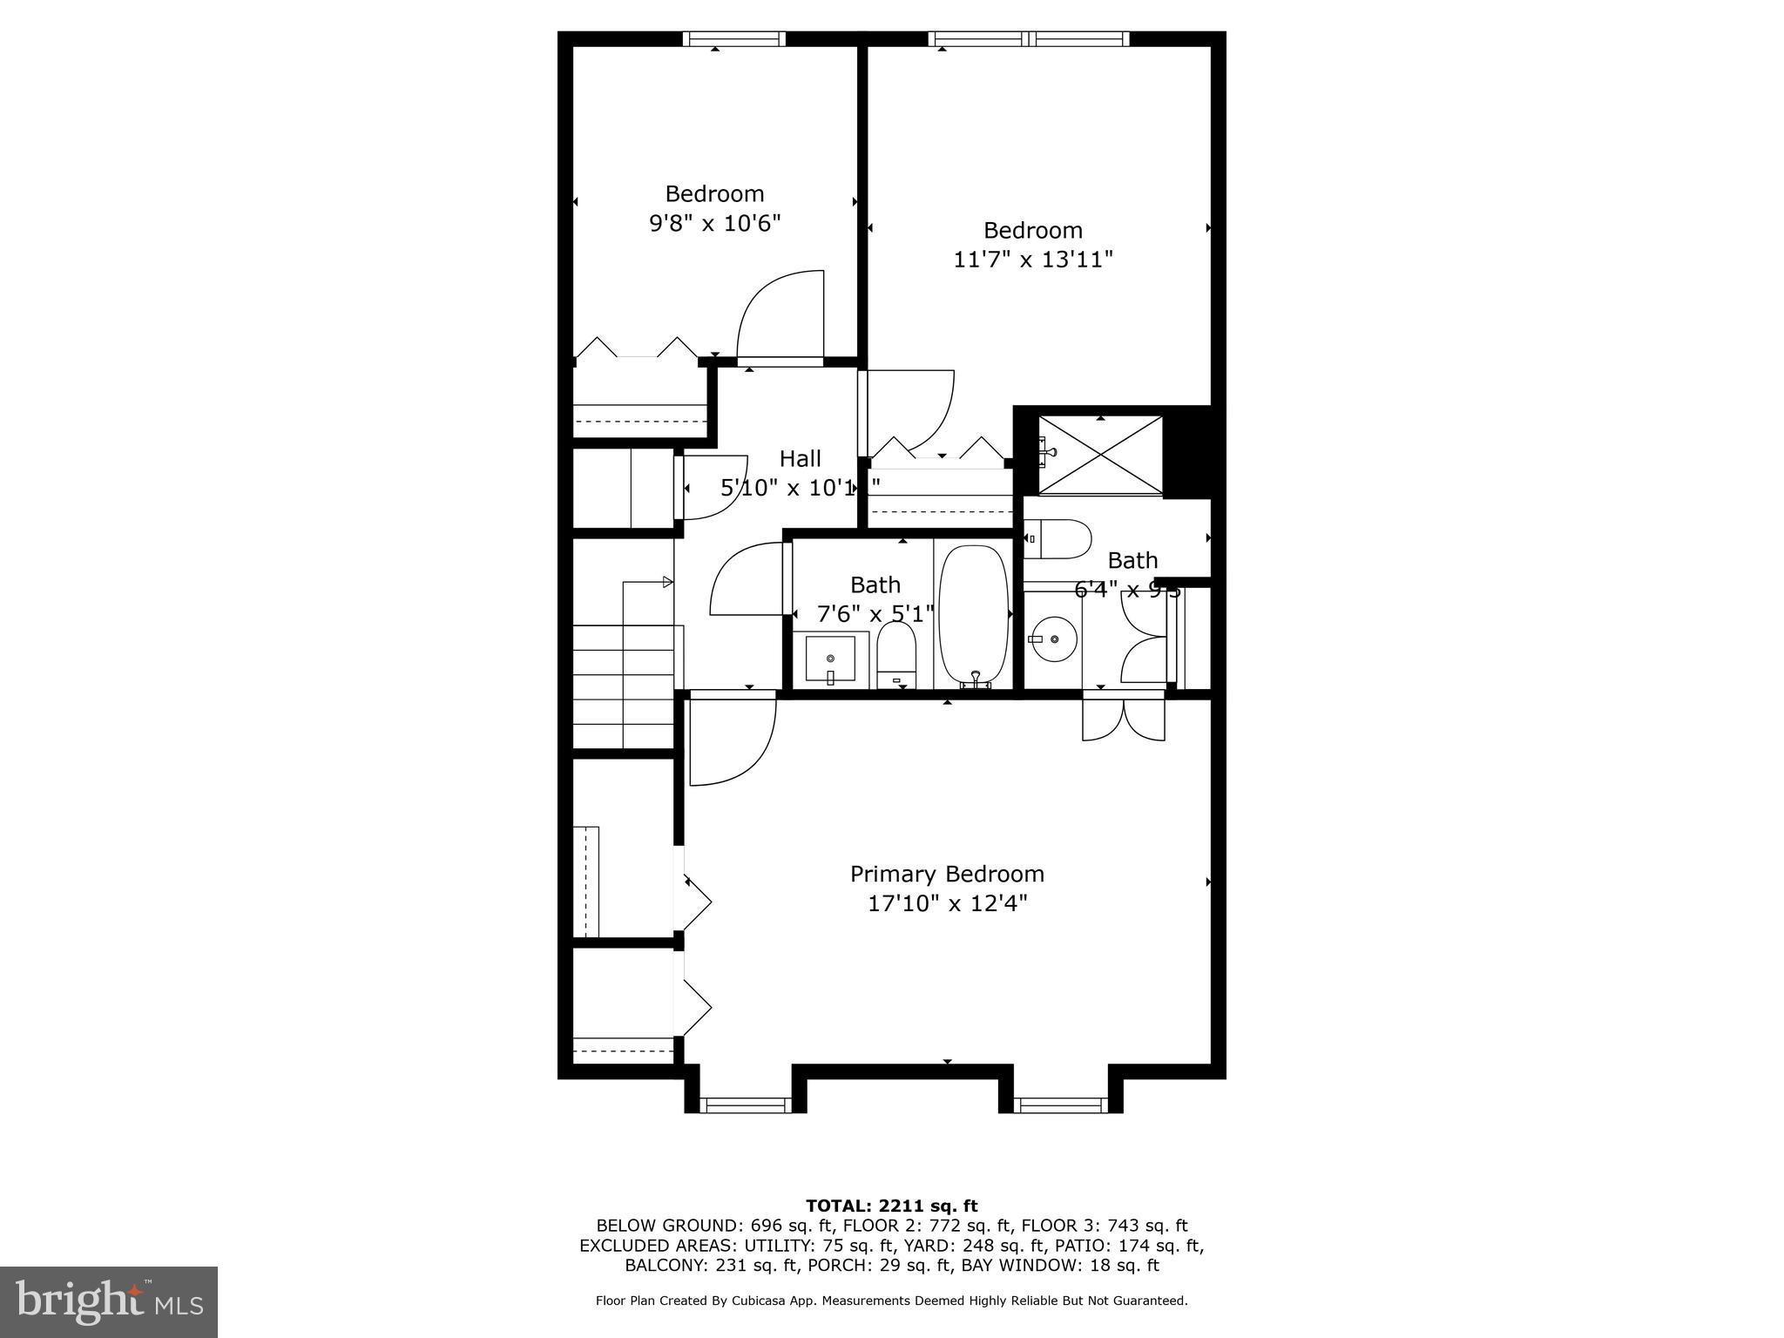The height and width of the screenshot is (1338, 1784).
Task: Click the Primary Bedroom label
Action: (x=947, y=874)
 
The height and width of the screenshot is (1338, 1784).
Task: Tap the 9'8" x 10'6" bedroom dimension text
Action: (x=714, y=224)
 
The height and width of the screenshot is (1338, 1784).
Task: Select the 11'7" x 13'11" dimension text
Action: (x=1033, y=260)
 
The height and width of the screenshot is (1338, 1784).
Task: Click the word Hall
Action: (x=800, y=458)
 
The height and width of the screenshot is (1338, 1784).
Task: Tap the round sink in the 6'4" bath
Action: (x=1053, y=639)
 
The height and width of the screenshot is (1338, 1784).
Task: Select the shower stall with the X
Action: (x=1101, y=456)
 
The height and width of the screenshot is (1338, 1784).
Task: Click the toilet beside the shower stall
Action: (x=1057, y=539)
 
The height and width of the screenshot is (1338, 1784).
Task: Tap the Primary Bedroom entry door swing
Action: (x=729, y=740)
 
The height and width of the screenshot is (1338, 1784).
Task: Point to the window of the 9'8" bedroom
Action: (x=733, y=38)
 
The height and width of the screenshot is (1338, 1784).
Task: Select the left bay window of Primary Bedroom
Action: (x=746, y=1105)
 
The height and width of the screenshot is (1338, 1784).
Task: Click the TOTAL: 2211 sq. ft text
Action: (x=891, y=1206)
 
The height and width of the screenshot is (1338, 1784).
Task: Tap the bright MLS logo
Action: (x=108, y=1301)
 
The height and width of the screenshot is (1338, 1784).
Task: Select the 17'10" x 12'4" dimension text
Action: (x=947, y=904)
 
